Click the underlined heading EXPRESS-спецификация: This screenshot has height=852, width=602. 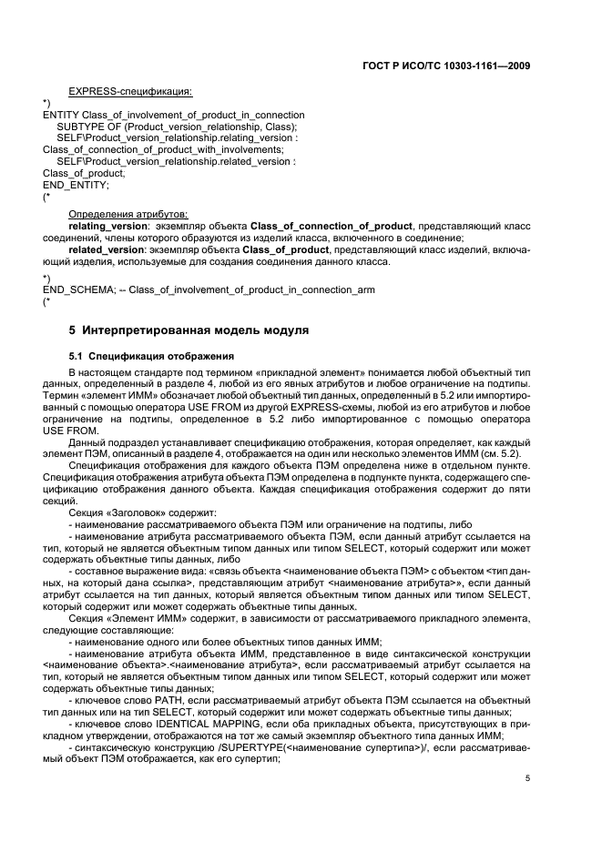[129, 91]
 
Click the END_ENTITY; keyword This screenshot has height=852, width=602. [75, 184]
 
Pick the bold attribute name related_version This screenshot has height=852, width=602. [106, 248]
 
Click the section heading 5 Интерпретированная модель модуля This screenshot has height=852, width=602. [189, 329]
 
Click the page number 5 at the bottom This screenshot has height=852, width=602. [526, 779]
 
